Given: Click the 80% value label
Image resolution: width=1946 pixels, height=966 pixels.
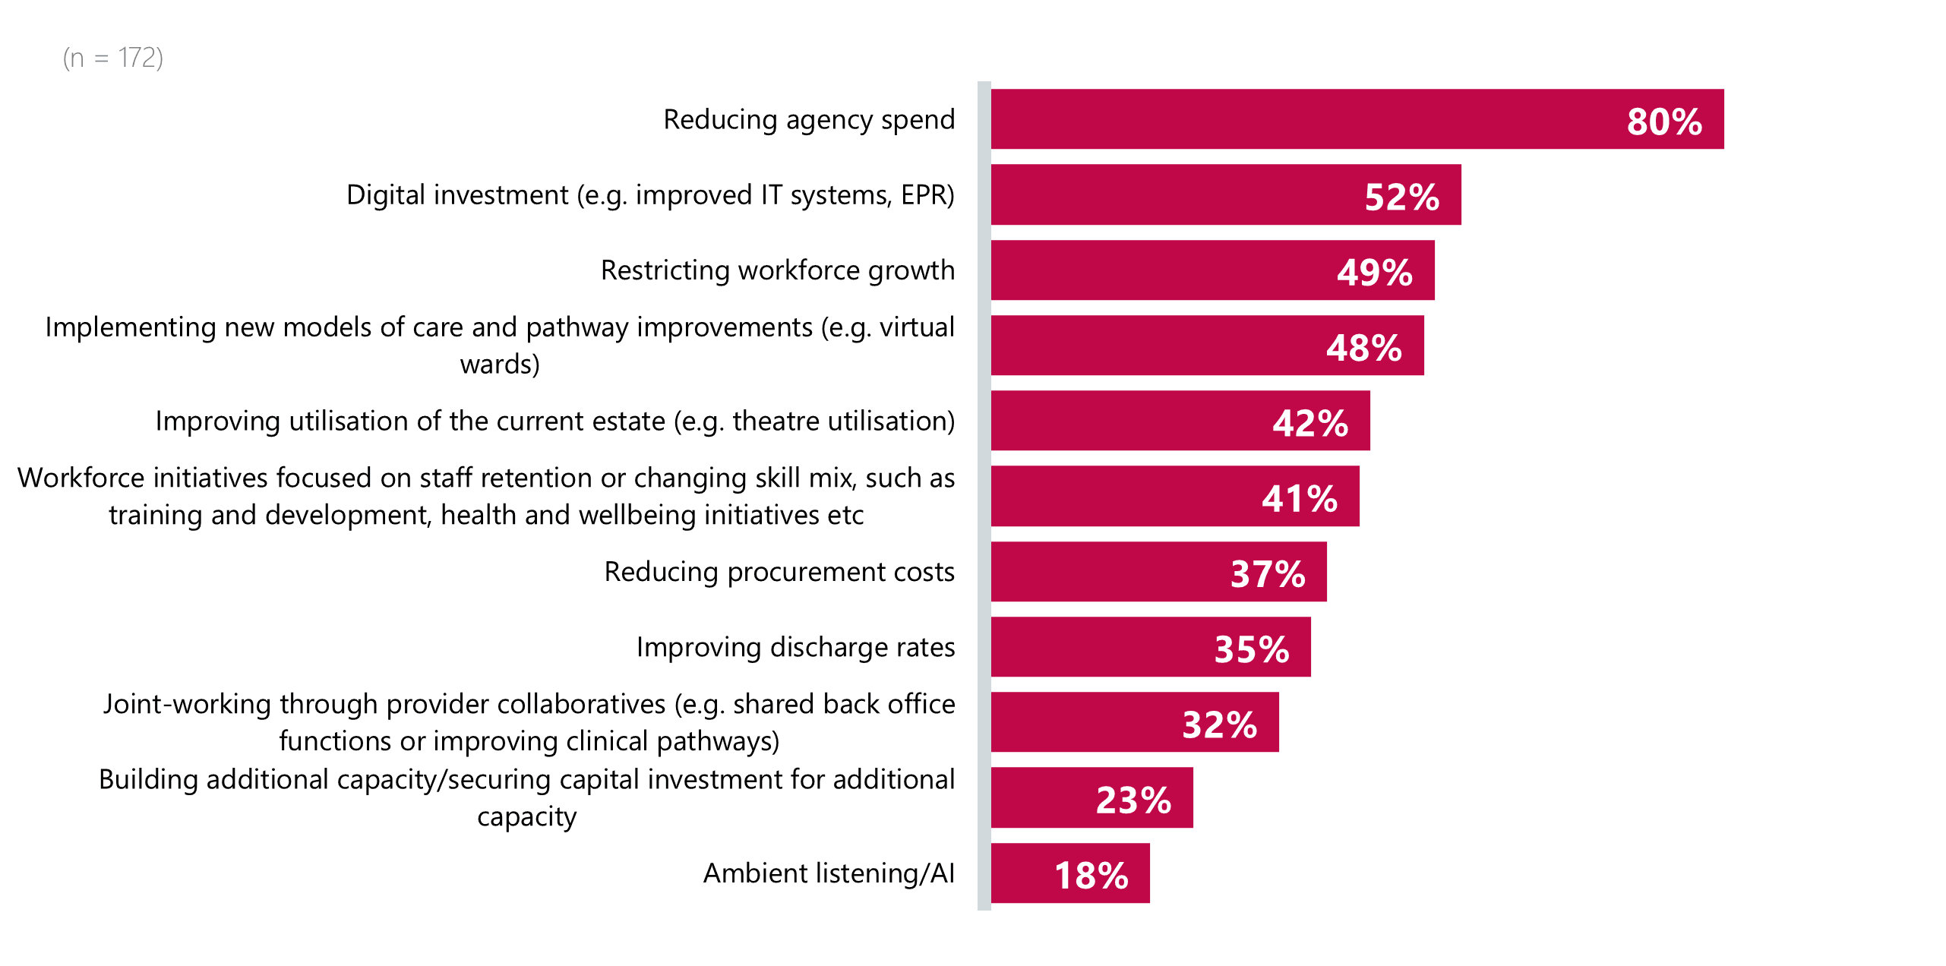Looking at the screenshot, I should [1663, 122].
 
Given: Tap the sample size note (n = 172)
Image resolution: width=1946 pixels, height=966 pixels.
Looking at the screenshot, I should [113, 58].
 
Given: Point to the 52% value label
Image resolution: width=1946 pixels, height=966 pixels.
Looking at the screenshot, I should [1401, 197].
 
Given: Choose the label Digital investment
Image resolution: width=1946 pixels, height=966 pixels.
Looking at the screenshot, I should [650, 195].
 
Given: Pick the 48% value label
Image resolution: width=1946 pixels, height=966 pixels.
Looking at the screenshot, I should [1363, 348].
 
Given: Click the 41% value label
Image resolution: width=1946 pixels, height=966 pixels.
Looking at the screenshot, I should [1299, 499].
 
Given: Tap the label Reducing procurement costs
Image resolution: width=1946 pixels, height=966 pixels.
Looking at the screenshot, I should [779, 572].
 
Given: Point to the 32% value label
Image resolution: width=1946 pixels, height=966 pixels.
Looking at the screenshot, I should [1219, 724].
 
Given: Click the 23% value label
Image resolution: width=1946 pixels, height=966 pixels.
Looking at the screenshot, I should [1133, 800].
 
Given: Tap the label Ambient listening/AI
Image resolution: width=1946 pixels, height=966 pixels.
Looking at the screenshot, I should [829, 873].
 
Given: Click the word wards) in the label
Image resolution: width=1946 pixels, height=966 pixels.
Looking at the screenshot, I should [500, 365].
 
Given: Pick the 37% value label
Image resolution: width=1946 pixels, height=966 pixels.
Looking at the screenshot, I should [1267, 574].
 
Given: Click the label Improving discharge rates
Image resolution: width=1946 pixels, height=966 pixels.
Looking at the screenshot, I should [795, 647].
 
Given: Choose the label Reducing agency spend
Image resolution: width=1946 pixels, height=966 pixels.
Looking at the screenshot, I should [809, 120].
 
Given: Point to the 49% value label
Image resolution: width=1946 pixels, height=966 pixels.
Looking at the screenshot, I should [1374, 272].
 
